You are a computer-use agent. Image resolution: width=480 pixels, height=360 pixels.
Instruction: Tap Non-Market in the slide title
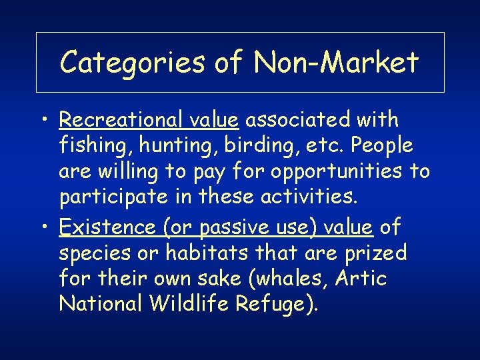point(337,63)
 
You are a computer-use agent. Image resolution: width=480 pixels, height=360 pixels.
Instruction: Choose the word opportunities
point(321,171)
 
